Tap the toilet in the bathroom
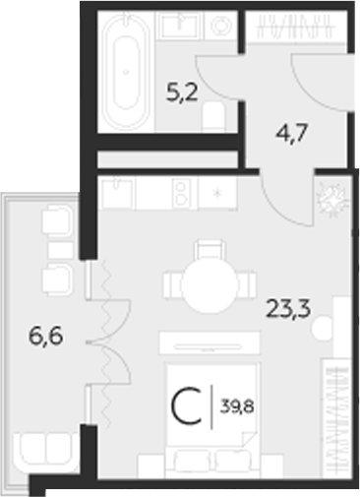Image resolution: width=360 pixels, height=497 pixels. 216,117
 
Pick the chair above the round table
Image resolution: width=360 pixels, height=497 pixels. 208,248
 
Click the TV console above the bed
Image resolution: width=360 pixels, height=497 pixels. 209,344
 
